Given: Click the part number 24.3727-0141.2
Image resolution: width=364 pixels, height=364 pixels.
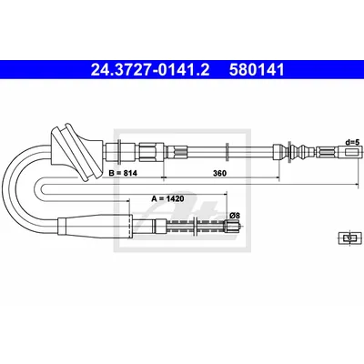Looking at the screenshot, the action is (x=150, y=70).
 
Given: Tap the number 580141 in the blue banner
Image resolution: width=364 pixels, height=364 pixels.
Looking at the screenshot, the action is (x=257, y=70).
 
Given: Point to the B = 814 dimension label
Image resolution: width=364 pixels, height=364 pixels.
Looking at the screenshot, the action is (x=123, y=173).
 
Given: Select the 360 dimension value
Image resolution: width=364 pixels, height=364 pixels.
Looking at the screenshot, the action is (x=219, y=173).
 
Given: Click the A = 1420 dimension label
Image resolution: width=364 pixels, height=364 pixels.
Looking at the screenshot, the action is (x=167, y=199).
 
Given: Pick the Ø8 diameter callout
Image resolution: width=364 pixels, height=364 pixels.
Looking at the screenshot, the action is (x=235, y=216).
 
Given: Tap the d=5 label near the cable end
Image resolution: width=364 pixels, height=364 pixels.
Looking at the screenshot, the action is (x=353, y=142).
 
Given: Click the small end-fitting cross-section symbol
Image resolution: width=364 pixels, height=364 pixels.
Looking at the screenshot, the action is (x=349, y=238).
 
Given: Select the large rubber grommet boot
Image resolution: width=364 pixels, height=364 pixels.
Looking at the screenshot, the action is (x=77, y=152).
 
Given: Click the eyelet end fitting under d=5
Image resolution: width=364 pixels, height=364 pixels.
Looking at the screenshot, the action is (x=354, y=152).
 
